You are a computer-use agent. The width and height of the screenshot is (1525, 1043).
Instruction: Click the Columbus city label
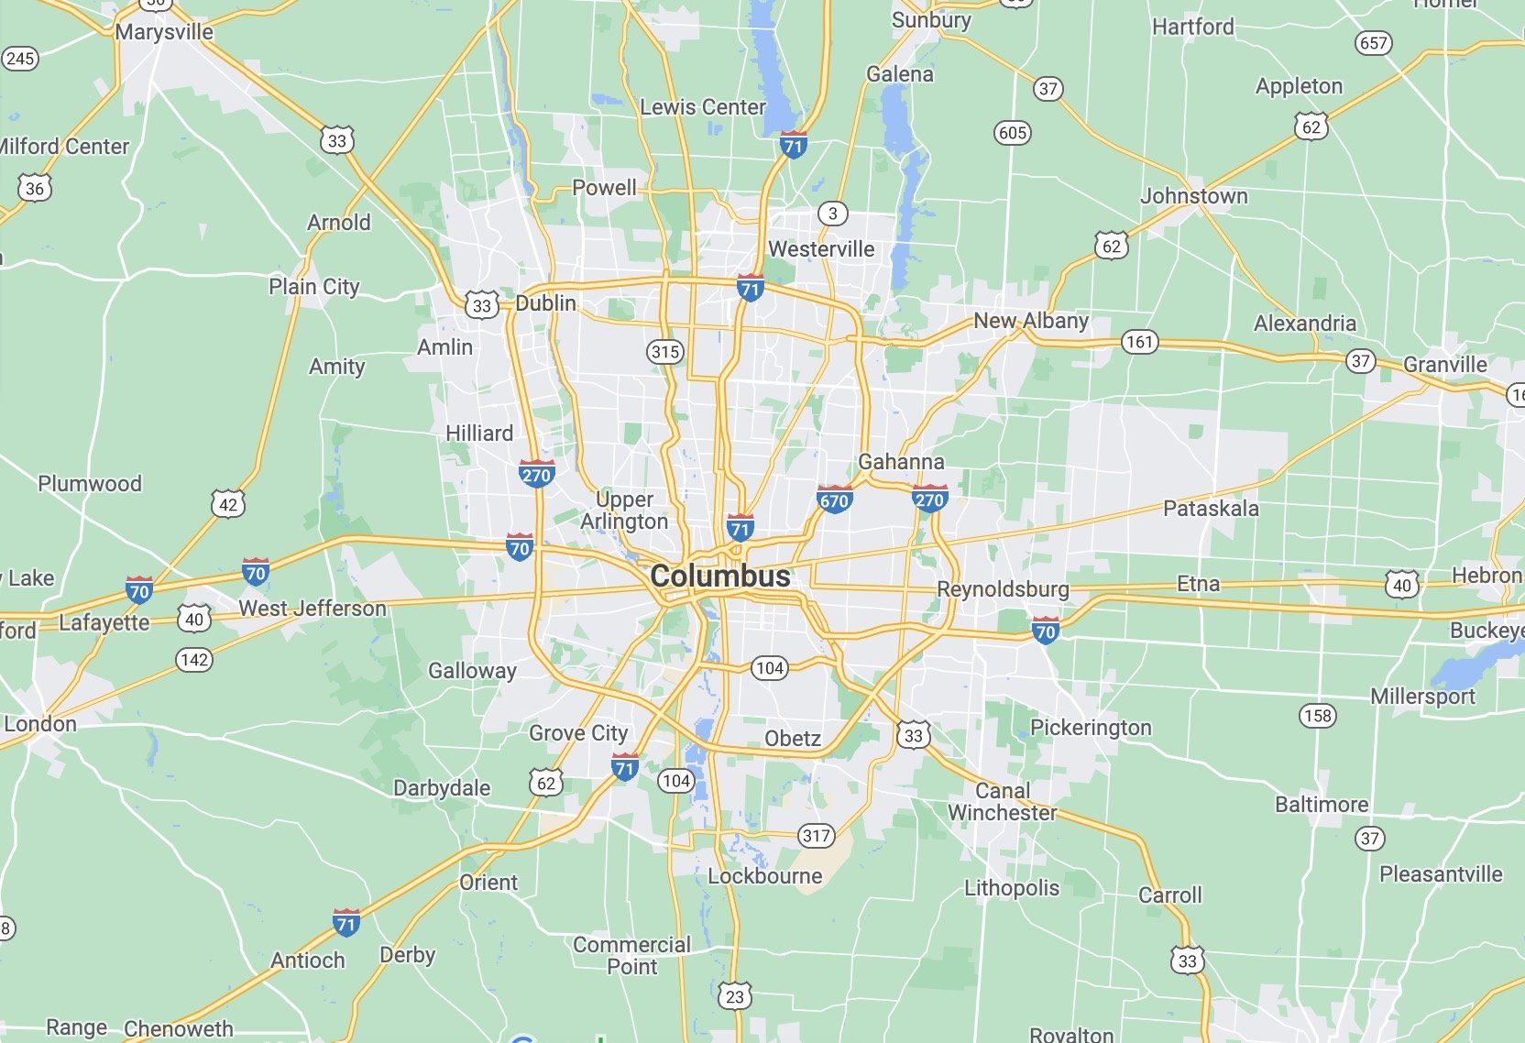719,576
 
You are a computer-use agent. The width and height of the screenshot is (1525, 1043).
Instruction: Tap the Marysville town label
164,32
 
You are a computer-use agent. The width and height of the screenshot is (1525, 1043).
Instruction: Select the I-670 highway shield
834,500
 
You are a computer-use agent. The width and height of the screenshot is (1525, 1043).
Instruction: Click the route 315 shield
665,351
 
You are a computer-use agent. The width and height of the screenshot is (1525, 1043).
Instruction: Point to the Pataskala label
1211,509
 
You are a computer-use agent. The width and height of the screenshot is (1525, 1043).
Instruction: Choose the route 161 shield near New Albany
1140,342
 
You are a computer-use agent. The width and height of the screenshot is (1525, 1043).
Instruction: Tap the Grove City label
578,733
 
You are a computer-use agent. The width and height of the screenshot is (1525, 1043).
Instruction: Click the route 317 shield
816,835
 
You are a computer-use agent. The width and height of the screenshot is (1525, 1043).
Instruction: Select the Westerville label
821,249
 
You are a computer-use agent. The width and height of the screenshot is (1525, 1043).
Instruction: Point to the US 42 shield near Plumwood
228,504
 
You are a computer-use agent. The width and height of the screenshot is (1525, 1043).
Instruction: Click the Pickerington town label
1091,728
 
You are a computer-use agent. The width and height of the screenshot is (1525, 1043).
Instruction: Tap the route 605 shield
1012,133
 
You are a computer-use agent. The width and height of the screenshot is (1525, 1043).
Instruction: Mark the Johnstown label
1193,196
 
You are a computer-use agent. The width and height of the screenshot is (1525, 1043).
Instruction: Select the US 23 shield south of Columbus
735,996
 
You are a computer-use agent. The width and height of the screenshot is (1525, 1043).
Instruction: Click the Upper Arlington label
624,511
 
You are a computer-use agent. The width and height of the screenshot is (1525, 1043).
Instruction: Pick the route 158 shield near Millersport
1317,715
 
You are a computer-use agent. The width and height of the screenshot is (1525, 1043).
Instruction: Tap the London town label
40,724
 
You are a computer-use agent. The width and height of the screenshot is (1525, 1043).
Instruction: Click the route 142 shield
194,660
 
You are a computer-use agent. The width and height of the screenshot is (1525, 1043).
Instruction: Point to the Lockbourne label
764,876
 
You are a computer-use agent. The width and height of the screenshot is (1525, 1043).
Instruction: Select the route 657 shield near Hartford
1373,43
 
